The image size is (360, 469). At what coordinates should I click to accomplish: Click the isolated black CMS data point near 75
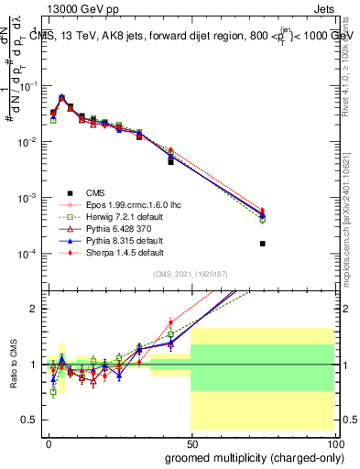pyautogui.click(x=263, y=244)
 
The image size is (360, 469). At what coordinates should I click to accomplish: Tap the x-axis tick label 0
pyautogui.click(x=48, y=443)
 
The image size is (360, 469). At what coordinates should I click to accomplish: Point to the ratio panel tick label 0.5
pyautogui.click(x=30, y=420)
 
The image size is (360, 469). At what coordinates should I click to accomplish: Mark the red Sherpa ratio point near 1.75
pyautogui.click(x=170, y=322)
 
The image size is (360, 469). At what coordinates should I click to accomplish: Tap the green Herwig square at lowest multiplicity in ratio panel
pyautogui.click(x=53, y=392)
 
